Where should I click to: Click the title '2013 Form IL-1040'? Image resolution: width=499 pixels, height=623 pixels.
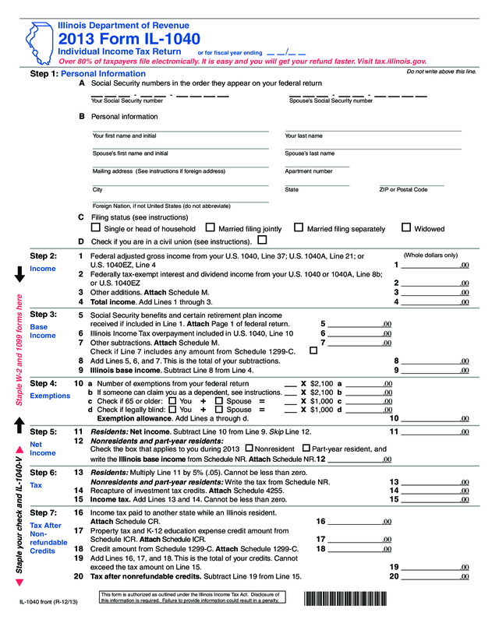coord(129,39)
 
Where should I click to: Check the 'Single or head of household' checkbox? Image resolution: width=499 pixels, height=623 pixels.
coord(95,228)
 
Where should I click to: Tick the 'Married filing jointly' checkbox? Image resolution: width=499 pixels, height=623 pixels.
coord(210,228)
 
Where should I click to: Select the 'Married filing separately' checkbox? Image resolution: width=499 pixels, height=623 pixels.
coord(298,228)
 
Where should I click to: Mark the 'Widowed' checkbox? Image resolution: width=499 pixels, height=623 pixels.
coord(405,228)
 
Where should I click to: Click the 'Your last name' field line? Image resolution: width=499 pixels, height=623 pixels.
coord(373,130)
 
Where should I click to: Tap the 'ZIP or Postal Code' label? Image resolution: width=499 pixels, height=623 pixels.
coord(403,189)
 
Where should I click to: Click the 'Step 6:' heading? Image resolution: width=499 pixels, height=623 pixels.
coord(43,473)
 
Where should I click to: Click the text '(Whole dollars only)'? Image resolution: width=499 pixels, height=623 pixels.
coord(430,255)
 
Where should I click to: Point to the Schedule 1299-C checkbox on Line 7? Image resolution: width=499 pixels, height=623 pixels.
coord(313,351)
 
